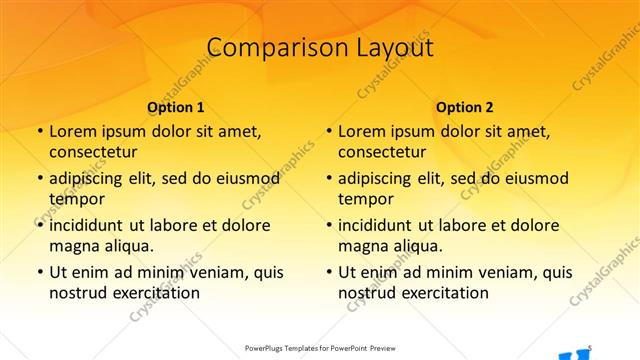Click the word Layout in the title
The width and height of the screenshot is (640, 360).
392,47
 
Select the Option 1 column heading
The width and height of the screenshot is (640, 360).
176,107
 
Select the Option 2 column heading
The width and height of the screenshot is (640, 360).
465,107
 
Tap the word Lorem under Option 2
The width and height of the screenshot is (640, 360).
365,131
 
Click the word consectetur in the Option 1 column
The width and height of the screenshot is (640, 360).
93,152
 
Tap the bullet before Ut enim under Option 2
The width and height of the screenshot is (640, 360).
328,272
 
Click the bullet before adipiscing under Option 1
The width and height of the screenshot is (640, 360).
39,179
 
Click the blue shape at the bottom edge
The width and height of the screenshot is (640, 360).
572,354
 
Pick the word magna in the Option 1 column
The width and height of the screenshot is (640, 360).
72,245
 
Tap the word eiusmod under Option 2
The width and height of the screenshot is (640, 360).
536,178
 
